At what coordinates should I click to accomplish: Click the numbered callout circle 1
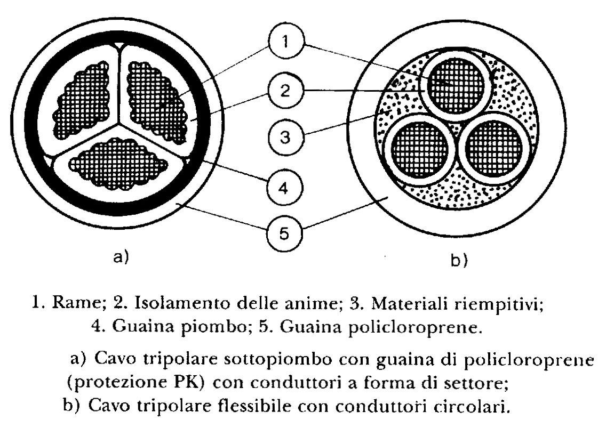[286, 41]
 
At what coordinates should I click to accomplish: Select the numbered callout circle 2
[285, 91]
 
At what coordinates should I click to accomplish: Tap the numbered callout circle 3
[285, 137]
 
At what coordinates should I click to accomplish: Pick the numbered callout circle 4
[284, 188]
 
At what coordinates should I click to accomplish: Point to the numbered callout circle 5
[284, 233]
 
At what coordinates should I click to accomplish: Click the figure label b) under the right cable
[459, 261]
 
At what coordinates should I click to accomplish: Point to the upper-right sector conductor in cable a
[156, 102]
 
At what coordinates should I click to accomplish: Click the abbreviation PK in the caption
[186, 382]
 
